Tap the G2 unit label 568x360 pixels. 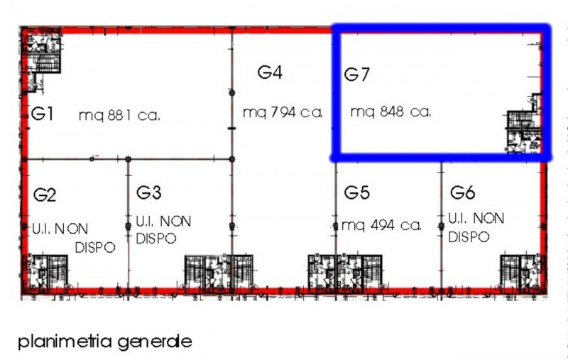tap(45, 195)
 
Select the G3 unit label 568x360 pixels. tap(149, 192)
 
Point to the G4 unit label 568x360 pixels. tap(271, 72)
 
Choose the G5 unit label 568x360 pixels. tap(358, 192)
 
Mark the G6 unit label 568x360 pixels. tap(462, 192)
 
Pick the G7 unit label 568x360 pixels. tap(357, 75)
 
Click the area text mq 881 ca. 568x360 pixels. tap(119, 115)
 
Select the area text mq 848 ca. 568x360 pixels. tap(391, 111)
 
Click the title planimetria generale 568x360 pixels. tap(105, 341)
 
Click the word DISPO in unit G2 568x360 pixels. tap(94, 247)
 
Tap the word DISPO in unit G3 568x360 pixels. tap(156, 239)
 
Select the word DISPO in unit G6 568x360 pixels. tap(468, 236)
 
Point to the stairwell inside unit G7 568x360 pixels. tap(524, 129)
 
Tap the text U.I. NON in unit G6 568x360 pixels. tap(476, 218)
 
